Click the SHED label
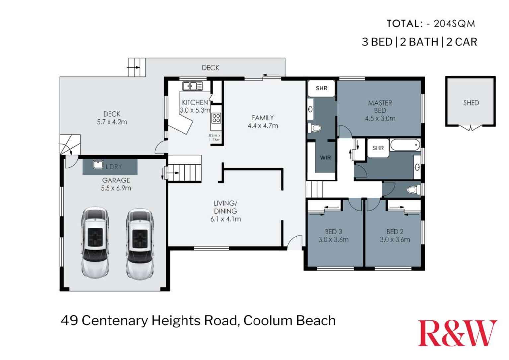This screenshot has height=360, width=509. [x=471, y=103]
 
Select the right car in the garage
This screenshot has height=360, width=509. [x=140, y=244]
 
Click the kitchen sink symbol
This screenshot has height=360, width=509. [x=192, y=86]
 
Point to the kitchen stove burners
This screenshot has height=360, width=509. [x=216, y=118]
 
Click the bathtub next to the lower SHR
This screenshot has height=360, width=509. [x=405, y=145]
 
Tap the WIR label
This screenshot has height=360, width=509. [x=325, y=158]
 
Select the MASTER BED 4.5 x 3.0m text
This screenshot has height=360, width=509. [x=380, y=110]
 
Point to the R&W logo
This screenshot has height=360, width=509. [x=457, y=333]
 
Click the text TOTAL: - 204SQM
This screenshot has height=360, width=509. [x=431, y=24]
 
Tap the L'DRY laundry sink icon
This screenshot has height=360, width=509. [x=98, y=164]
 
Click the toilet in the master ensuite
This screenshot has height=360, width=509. [x=316, y=128]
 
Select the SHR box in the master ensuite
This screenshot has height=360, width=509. [x=321, y=88]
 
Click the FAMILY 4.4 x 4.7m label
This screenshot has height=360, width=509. [x=262, y=122]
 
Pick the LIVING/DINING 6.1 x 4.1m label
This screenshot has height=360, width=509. [x=225, y=211]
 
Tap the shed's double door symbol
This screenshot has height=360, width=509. [x=470, y=128]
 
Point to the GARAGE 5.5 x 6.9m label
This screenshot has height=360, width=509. [x=116, y=184]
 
